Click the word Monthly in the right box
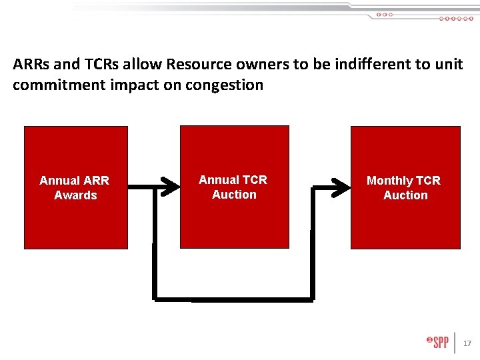pos(390,181)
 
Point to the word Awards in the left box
pos(75,195)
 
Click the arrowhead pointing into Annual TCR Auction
pos(171,186)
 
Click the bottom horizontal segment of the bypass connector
pos(233,298)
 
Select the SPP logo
pos(438,342)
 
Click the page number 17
pos(467,343)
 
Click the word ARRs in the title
pos(29,65)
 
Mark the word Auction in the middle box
pos(234,195)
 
